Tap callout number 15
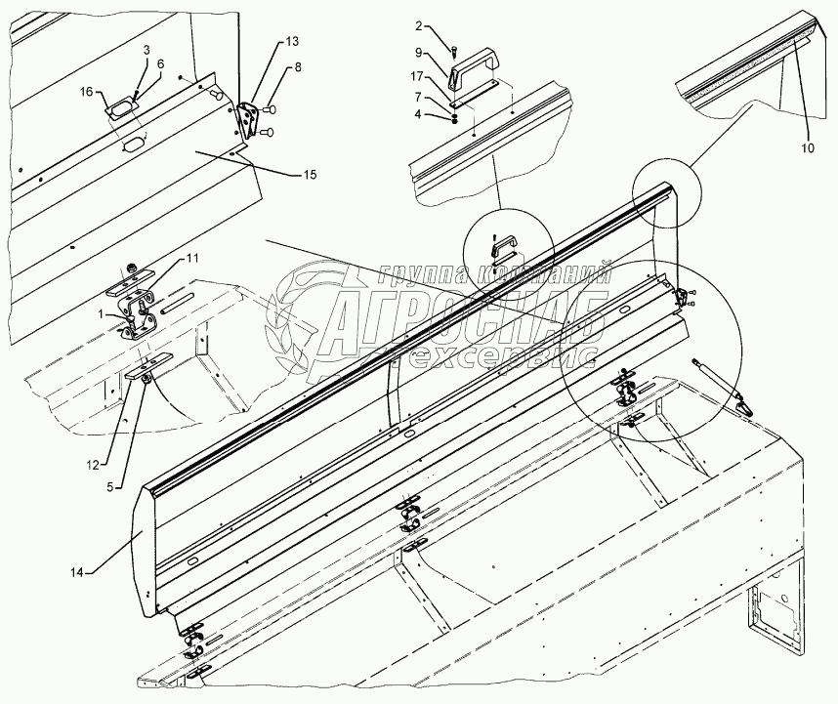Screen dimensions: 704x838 click(x=309, y=175)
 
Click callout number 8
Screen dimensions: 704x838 click(x=298, y=67)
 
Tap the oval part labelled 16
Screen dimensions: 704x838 click(x=120, y=105)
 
